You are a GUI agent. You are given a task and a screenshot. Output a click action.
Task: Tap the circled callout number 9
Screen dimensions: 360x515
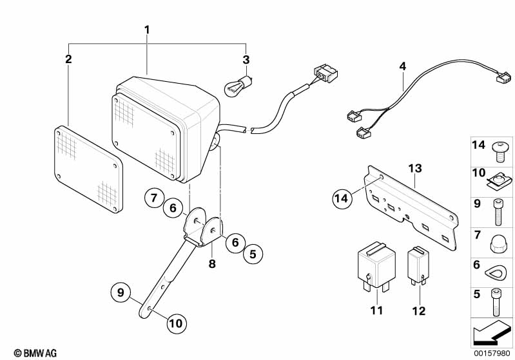click(120, 292)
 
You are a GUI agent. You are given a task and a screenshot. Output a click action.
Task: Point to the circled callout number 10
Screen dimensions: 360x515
click(175, 323)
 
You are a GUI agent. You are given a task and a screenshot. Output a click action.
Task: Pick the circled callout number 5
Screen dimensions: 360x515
click(253, 255)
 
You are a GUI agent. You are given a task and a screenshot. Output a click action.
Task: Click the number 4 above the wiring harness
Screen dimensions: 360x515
click(403, 66)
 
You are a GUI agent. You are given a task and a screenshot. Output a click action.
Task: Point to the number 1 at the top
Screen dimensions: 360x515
click(147, 30)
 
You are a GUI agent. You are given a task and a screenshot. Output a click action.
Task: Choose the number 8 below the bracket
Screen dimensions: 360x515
click(211, 264)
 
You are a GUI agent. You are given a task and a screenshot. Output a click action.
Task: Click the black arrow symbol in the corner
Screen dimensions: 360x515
click(489, 334)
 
